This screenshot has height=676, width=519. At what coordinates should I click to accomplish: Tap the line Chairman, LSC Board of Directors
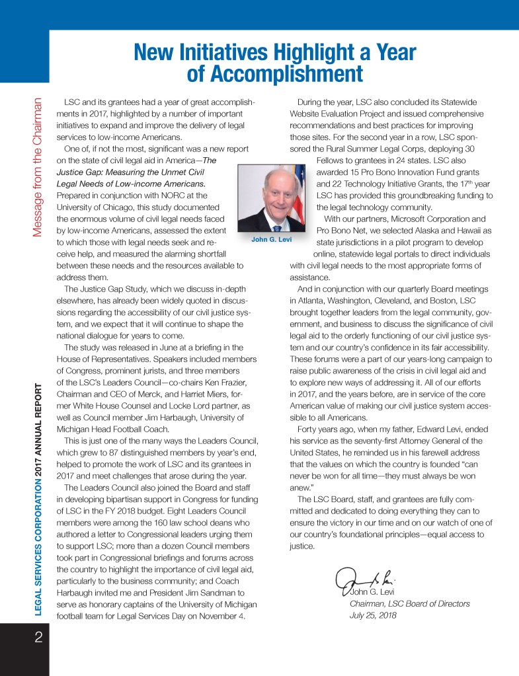(x=409, y=604)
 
